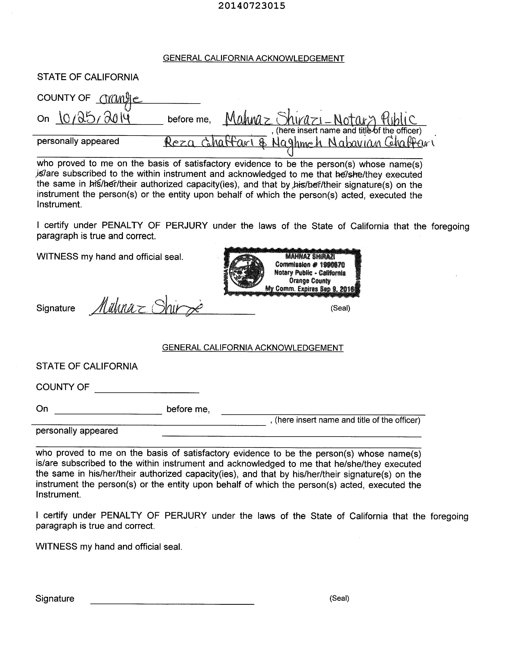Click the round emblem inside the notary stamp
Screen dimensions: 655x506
tap(247, 271)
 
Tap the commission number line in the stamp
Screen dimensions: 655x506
tap(310, 265)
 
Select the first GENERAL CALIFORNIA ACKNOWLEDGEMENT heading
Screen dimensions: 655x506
tap(253, 58)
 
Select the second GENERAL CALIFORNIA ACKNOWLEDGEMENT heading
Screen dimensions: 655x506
tap(252, 348)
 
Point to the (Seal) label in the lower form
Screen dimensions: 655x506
tap(339, 598)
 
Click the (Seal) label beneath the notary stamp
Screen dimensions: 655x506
tap(340, 308)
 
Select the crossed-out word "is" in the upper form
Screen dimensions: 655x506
tap(39, 174)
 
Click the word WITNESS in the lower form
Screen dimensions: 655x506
tap(56, 546)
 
